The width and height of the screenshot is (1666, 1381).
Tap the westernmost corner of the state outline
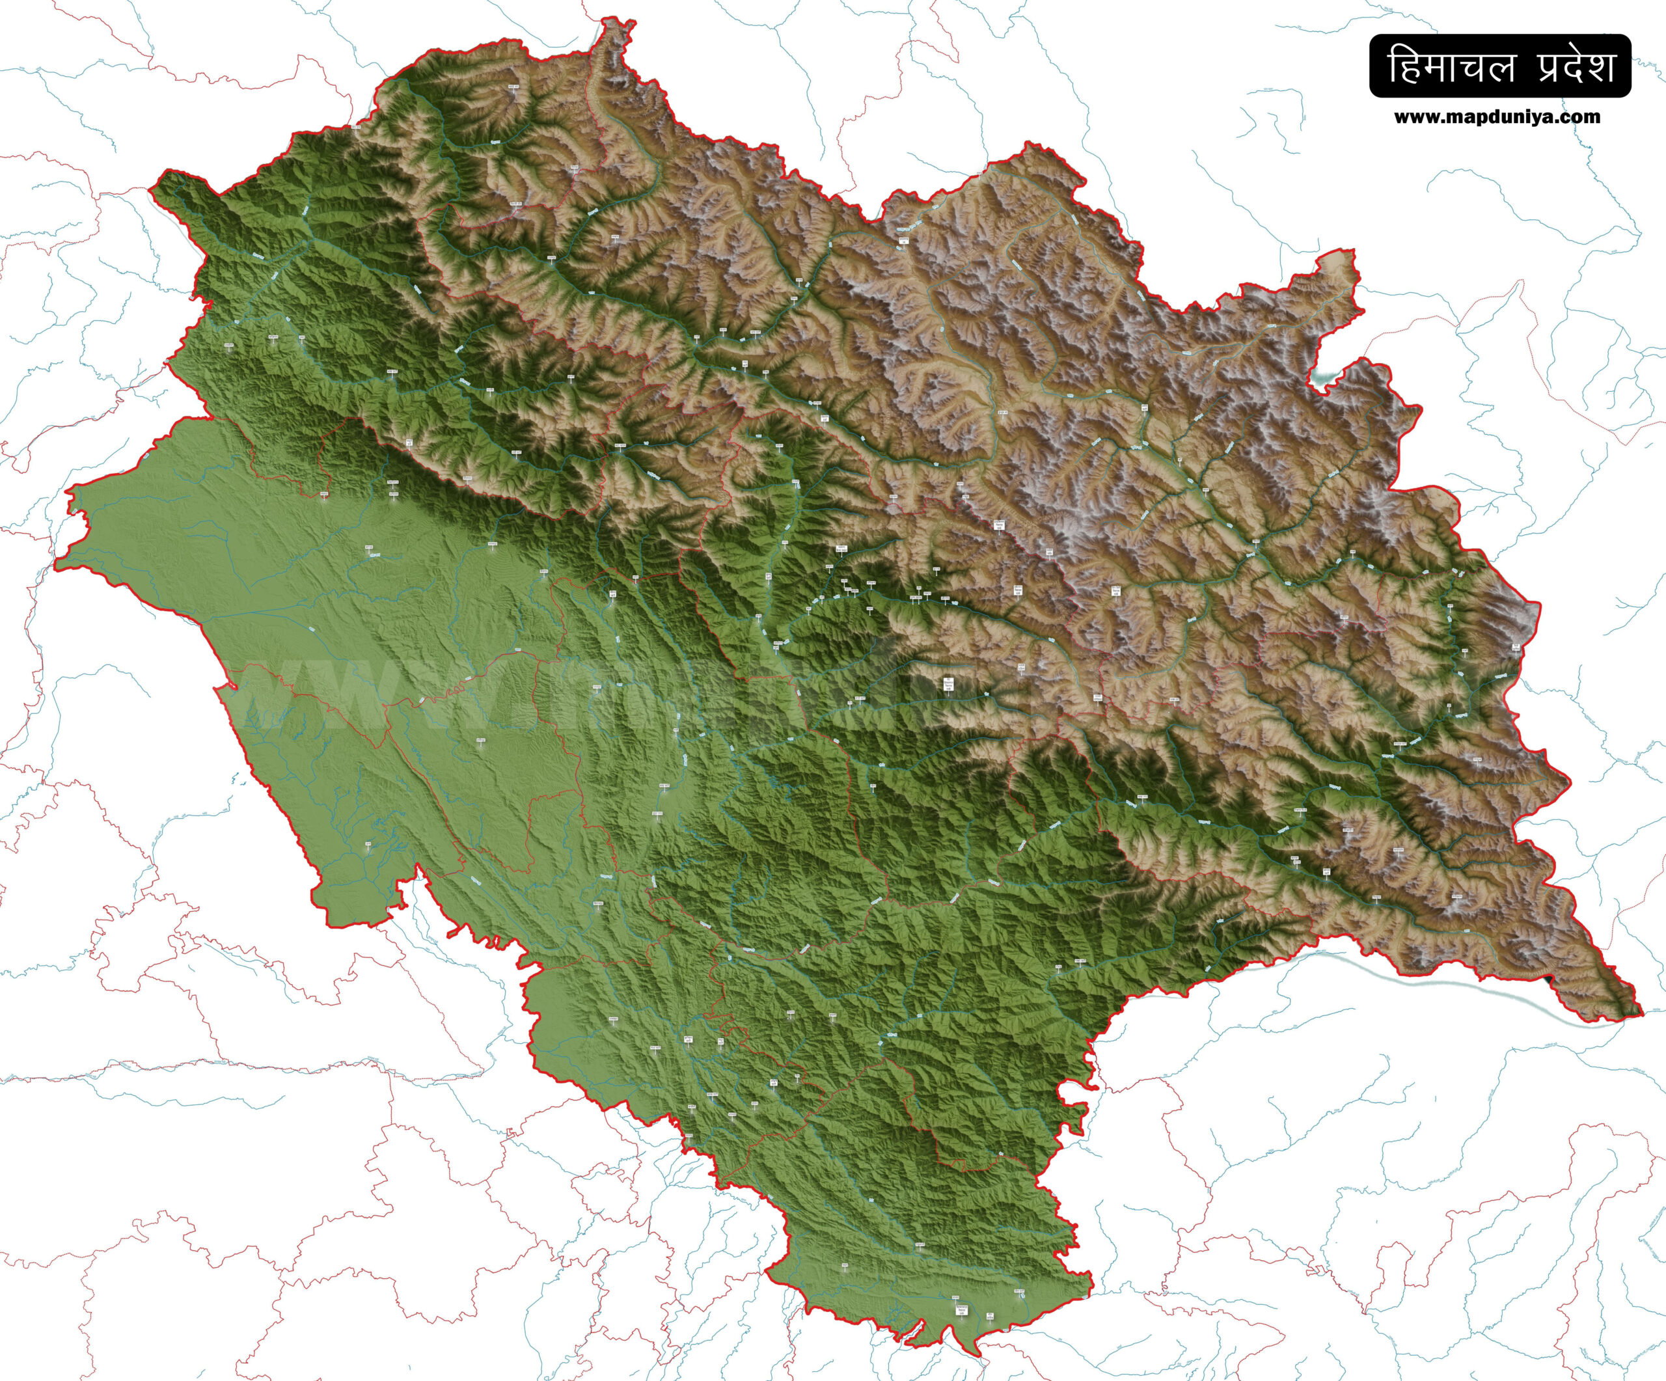click(x=57, y=566)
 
